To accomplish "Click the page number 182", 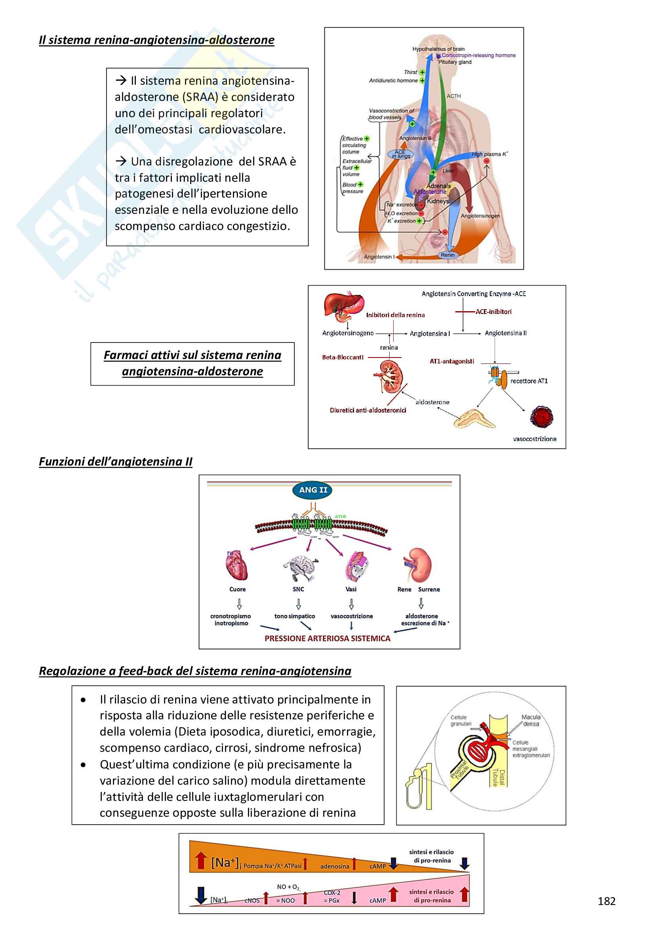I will pos(606,901).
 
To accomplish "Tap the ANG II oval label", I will pos(313,490).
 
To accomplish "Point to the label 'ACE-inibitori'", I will pos(493,312).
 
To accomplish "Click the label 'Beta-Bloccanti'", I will pos(343,357).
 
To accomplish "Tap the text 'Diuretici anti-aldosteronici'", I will pos(368,410).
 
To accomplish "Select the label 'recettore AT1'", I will pos(529,381).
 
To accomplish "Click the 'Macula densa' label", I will pos(531,720).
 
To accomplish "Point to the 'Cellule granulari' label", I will pos(460,720).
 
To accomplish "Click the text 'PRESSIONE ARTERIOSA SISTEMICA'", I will pos(327,639).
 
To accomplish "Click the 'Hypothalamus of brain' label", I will pos(438,49).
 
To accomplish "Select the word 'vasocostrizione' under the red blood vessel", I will pos(534,439).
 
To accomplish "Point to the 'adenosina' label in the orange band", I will pos(335,866).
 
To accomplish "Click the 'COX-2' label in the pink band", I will pos(332,892).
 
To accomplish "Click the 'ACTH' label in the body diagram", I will pos(453,96).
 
